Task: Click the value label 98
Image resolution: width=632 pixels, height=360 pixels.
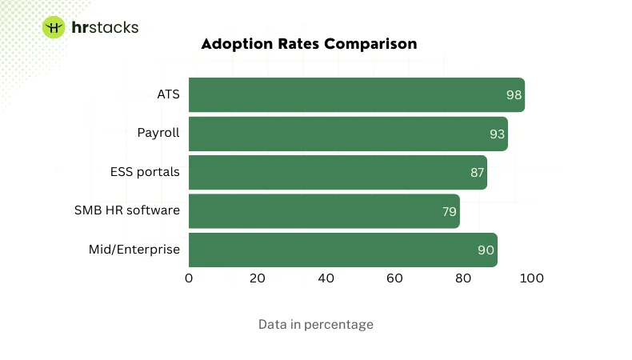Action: (x=514, y=95)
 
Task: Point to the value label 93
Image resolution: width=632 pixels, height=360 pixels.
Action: (x=497, y=134)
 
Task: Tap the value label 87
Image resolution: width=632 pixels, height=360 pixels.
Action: (x=477, y=173)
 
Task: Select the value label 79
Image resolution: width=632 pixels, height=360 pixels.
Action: (x=449, y=212)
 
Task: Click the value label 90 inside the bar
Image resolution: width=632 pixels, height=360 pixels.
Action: (x=486, y=250)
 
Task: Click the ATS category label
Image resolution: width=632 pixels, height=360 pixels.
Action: (x=168, y=94)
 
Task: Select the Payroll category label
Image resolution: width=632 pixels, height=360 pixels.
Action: (x=158, y=133)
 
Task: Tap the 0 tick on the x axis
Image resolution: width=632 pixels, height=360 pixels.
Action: (x=189, y=278)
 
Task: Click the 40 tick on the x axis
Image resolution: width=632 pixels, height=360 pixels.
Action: (x=326, y=278)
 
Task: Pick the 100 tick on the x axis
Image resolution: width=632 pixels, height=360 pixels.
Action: (x=531, y=278)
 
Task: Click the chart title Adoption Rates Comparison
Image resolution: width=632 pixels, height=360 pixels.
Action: (x=309, y=44)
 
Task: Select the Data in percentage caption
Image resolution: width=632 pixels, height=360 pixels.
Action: (x=315, y=325)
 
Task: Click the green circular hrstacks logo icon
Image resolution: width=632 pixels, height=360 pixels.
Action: (x=54, y=27)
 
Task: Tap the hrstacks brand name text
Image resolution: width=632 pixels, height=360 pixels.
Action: (x=105, y=27)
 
